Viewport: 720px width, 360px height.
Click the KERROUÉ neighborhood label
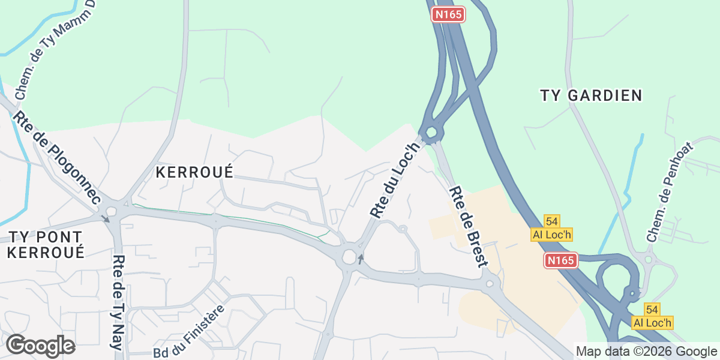point(194,172)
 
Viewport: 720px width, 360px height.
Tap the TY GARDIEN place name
point(591,95)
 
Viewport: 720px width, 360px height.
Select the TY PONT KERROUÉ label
point(46,244)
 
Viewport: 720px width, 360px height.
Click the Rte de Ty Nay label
point(119,302)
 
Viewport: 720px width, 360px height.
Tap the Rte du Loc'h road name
point(395,179)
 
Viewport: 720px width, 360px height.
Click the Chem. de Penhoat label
point(670,192)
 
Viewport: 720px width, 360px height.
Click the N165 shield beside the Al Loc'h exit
point(561,260)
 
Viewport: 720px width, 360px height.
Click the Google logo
point(40,346)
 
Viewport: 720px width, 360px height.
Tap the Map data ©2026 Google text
point(646,351)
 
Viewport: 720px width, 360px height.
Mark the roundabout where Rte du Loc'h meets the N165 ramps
point(430,133)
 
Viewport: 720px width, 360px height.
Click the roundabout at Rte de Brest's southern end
point(491,283)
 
